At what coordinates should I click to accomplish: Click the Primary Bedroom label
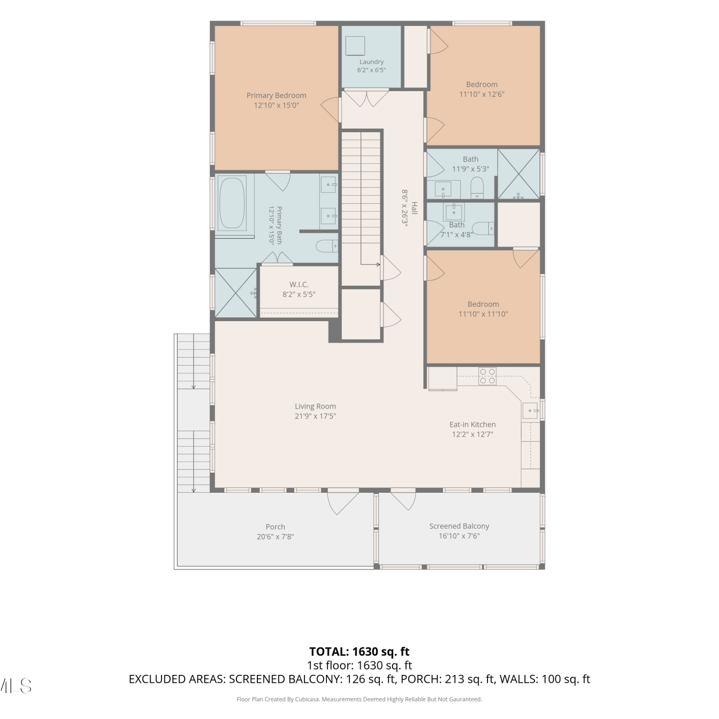276,95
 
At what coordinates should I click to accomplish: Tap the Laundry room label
371,62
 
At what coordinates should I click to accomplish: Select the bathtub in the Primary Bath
232,203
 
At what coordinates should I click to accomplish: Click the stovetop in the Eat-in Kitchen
487,376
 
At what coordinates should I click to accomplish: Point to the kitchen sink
530,411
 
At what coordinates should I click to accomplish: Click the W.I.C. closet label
299,285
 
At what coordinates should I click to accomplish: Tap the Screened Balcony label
459,526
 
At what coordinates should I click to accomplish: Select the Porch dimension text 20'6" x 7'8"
275,537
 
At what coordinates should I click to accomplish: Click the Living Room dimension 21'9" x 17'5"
315,416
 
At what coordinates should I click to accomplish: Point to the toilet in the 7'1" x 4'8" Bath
483,228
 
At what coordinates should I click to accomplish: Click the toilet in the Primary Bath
327,246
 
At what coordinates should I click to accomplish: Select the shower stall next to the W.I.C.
236,293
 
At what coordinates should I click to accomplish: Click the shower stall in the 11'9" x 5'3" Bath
519,174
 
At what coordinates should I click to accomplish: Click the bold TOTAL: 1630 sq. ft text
359,651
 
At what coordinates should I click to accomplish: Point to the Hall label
415,208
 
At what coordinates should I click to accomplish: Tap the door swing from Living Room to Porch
343,502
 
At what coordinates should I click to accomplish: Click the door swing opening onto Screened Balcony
403,499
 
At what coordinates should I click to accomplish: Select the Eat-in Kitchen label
473,424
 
